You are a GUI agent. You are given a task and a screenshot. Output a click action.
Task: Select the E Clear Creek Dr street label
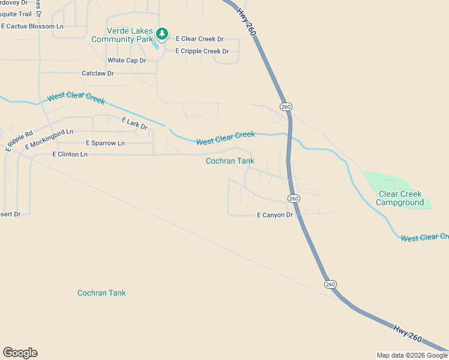199,39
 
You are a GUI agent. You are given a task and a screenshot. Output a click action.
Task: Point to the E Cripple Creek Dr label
202,51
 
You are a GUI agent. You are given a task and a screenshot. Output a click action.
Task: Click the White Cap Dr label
127,61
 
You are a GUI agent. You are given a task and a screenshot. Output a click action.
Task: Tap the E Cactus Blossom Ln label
32,26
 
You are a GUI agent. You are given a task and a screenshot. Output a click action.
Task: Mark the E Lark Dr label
134,124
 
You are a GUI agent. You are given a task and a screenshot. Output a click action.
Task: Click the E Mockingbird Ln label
49,139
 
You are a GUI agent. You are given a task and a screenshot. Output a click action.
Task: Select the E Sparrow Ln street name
105,143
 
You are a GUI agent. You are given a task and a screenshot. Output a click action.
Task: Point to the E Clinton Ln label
70,154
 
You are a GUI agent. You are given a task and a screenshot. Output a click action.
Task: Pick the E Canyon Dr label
275,215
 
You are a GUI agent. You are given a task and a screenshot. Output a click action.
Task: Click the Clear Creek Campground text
400,199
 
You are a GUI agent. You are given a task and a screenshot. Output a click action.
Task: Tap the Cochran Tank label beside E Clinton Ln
230,161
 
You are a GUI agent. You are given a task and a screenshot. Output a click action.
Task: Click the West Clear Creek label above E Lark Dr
76,98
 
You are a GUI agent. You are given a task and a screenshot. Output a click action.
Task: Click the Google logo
20,353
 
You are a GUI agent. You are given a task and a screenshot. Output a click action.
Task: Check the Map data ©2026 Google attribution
412,355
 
